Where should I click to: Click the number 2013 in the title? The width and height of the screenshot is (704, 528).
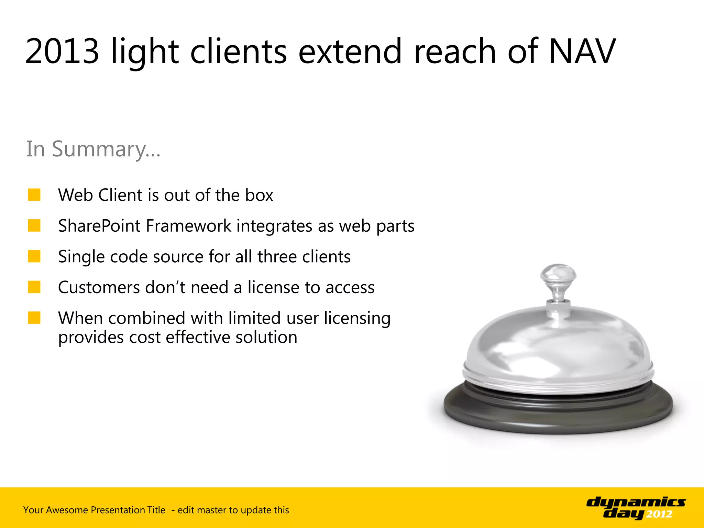pyautogui.click(x=62, y=52)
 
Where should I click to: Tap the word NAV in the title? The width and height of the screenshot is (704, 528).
pyautogui.click(x=582, y=52)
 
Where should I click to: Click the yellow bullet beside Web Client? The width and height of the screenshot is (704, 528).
pyautogui.click(x=34, y=195)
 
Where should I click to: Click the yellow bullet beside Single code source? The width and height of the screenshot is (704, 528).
pyautogui.click(x=34, y=256)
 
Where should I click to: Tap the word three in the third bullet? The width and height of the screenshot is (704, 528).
pyautogui.click(x=277, y=257)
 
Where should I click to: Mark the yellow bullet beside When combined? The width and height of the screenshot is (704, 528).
pyautogui.click(x=34, y=318)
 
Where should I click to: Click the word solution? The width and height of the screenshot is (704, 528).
pyautogui.click(x=266, y=337)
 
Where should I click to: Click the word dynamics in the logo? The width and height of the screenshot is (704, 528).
pyautogui.click(x=636, y=503)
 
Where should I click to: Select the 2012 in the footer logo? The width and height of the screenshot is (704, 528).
pyautogui.click(x=659, y=514)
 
